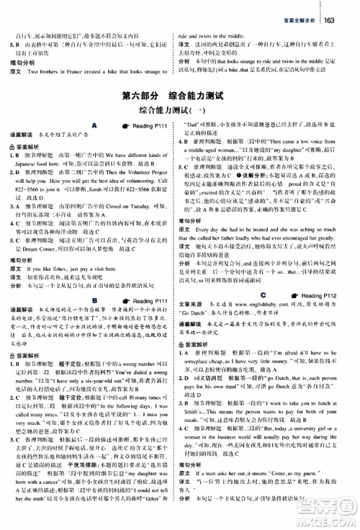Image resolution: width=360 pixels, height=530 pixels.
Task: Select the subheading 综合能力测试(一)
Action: coord(180,112)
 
